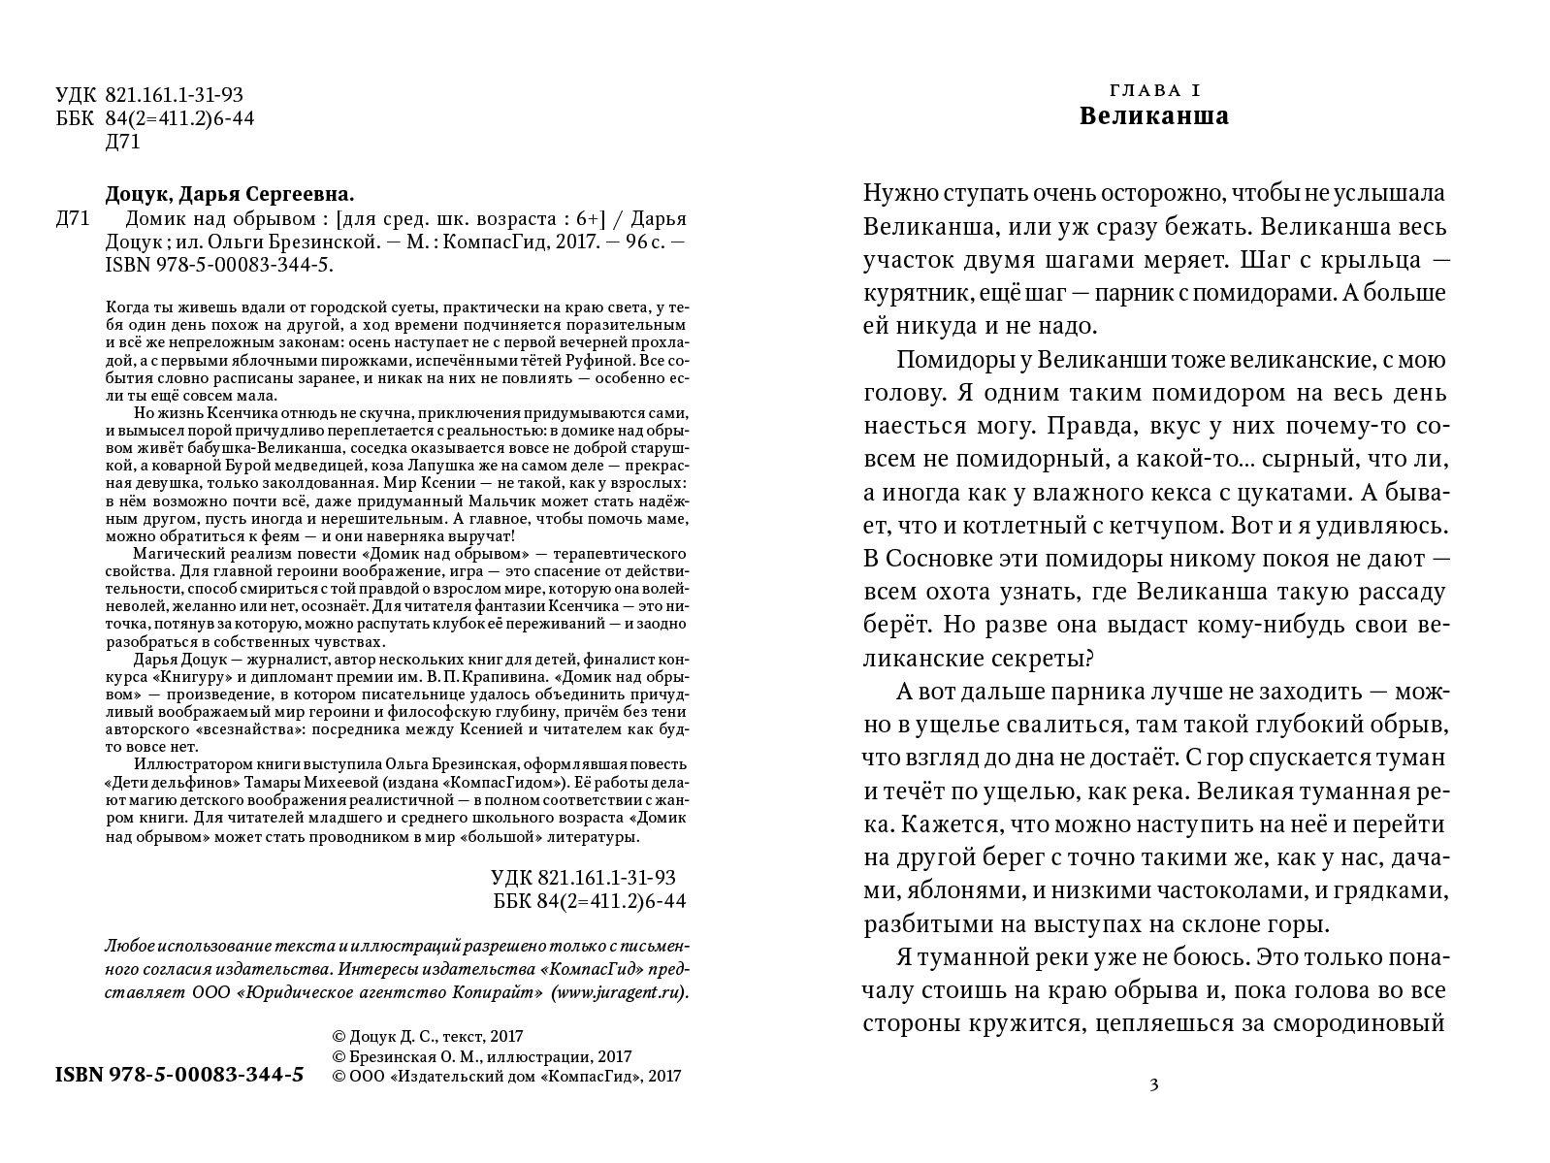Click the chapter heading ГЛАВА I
point(1153,90)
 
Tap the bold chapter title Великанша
point(1153,117)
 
